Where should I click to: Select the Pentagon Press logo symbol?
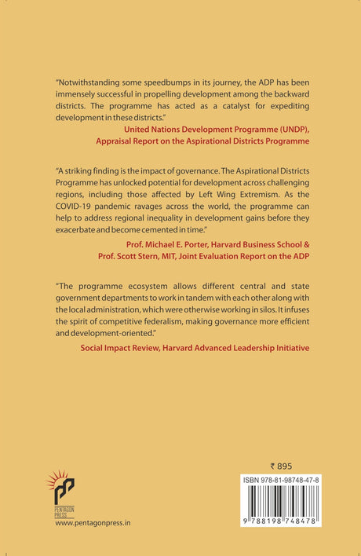65,487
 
